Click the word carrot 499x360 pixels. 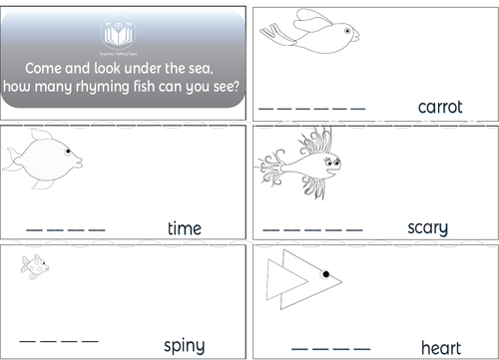coord(440,107)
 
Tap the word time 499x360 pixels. coord(185,228)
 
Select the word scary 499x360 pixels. coord(428,227)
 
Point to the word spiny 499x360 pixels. coord(185,345)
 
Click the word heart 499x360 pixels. coord(440,347)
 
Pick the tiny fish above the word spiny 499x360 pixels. coord(35,265)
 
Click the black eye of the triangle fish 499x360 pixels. coord(324,272)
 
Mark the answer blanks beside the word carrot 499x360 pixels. coord(312,107)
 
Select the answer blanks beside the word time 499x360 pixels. coord(65,230)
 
